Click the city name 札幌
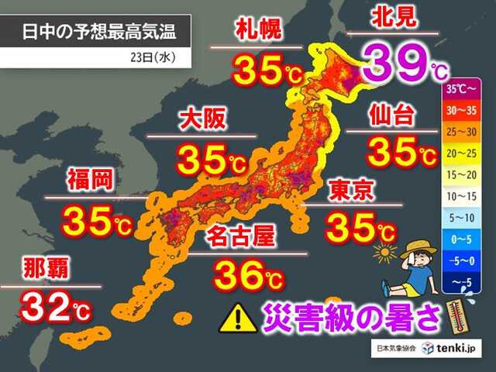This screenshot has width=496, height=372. coord(258,32)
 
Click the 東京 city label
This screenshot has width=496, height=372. coord(355,191)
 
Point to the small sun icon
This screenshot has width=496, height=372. coord(384,252)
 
